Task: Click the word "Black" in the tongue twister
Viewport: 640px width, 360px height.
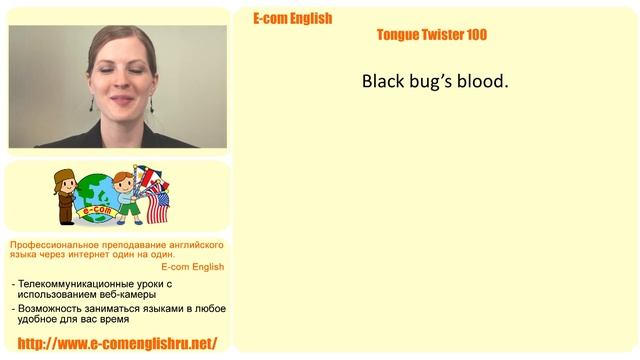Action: [384, 81]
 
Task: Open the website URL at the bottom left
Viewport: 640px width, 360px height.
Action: [117, 343]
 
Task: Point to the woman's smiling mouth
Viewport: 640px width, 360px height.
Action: [119, 103]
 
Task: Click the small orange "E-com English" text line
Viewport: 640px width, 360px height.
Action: [192, 267]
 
